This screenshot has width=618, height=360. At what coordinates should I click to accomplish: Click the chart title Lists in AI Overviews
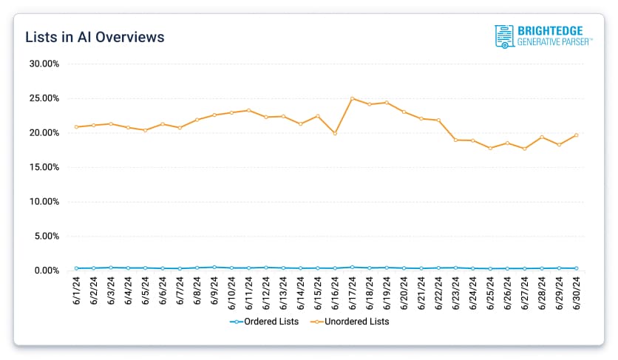[x=95, y=37]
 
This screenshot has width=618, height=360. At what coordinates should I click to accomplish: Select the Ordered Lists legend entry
[x=264, y=322]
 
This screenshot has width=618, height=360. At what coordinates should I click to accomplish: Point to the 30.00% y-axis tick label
[x=44, y=64]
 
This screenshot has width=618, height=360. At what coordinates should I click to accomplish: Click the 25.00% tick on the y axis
[x=44, y=98]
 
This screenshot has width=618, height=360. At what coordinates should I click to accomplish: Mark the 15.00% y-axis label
[x=44, y=167]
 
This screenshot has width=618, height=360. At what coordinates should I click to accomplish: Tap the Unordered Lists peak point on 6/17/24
[x=353, y=98]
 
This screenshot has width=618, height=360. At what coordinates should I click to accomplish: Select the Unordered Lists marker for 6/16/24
[x=335, y=134]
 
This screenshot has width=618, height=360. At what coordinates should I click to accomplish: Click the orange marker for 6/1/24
[x=77, y=127]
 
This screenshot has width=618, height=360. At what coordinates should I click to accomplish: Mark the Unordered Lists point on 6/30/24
[x=577, y=135]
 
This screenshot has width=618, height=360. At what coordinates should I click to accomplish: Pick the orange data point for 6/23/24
[x=456, y=140]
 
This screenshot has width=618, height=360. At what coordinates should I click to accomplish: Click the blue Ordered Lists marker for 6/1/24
[x=77, y=268]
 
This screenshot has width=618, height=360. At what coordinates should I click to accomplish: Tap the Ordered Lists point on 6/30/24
[x=577, y=268]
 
